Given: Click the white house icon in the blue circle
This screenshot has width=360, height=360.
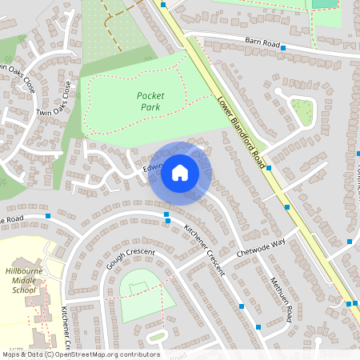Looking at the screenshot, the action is (x=180, y=173).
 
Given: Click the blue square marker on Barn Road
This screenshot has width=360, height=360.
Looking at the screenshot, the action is (x=283, y=48).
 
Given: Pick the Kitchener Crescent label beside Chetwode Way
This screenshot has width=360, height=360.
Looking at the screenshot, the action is (x=205, y=250).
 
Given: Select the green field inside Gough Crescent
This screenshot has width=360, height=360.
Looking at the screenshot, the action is (x=146, y=294).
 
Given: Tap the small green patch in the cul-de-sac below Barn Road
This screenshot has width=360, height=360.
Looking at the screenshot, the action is (x=302, y=111).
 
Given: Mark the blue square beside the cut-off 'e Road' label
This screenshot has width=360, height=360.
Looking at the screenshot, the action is (x=49, y=216).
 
